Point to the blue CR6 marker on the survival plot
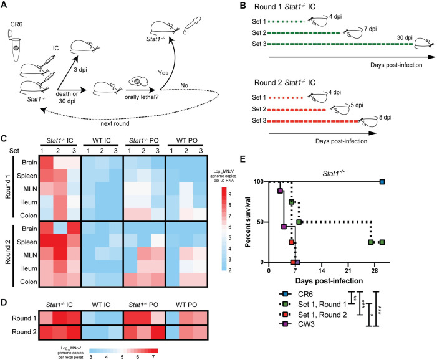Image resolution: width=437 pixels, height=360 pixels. point(382,182)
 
